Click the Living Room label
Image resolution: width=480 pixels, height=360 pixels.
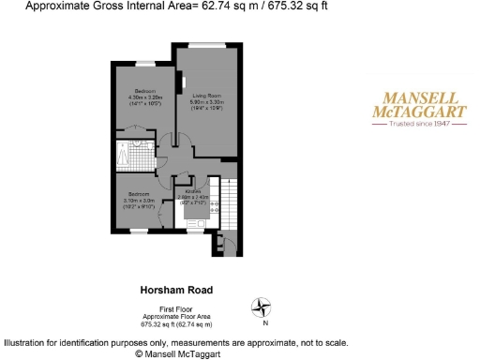tap(207, 95)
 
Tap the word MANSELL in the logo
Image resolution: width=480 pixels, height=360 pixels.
tap(418, 98)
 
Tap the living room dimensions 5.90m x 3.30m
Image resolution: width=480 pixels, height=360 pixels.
tap(207, 101)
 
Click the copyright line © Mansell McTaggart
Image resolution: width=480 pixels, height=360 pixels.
tap(177, 354)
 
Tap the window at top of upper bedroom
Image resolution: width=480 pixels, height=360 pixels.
tap(142, 64)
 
